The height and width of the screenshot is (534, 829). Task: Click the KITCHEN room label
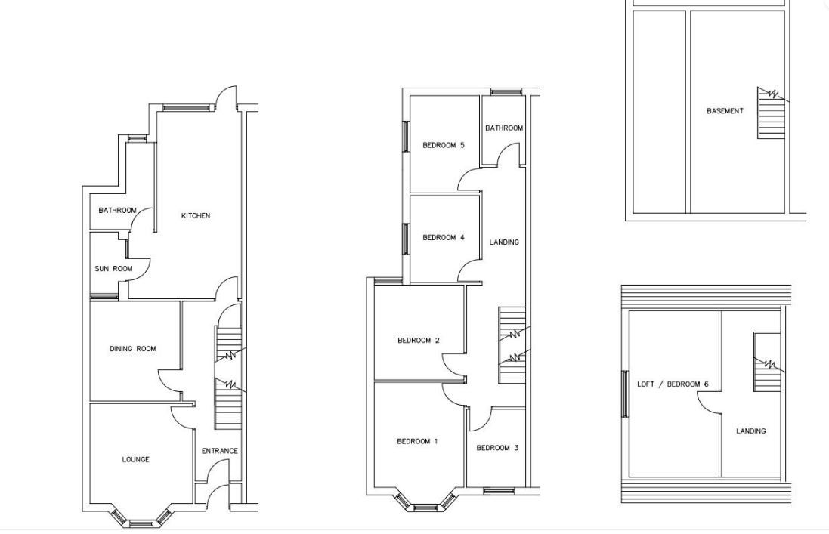[x=196, y=215]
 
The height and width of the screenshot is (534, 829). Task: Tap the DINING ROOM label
[x=133, y=349]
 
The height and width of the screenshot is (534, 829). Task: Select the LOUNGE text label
[x=135, y=459]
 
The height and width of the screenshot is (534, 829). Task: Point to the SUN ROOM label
[x=113, y=268]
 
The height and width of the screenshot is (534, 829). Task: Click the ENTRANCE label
[x=219, y=451]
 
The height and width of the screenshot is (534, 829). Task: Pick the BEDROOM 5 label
[x=443, y=145]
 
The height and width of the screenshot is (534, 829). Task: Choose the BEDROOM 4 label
[x=443, y=238]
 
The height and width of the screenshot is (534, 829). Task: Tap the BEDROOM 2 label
[x=418, y=341]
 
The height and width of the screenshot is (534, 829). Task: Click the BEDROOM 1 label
[x=417, y=442]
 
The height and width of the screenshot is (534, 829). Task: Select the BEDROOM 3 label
[x=497, y=448]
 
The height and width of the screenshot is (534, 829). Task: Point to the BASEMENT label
[x=725, y=111]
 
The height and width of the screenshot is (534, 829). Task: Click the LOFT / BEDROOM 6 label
[x=673, y=384]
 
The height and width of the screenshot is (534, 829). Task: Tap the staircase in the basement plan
[x=772, y=113]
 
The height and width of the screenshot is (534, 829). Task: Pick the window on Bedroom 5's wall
[x=407, y=136]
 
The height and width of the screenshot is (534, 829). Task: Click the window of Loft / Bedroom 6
[x=626, y=394]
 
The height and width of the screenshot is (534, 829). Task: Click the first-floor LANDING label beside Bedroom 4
[x=504, y=242]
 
